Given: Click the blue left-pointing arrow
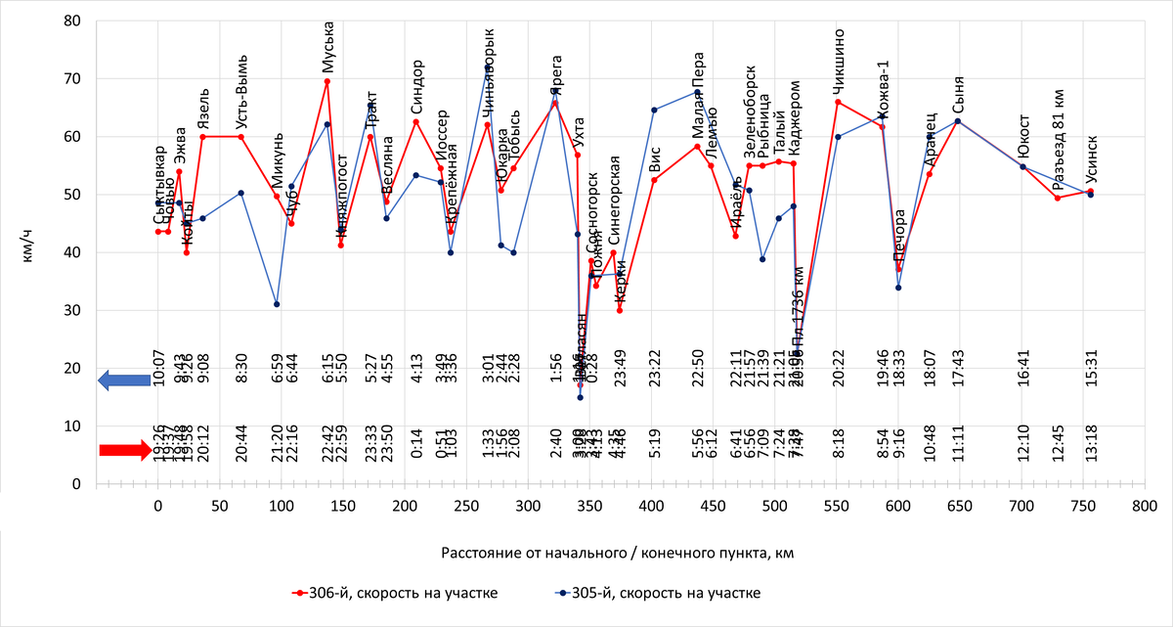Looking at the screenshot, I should point(123,382).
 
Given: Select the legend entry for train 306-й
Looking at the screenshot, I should point(396,593).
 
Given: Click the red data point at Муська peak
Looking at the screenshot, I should point(327,81).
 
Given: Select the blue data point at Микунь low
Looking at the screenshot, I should point(277,304).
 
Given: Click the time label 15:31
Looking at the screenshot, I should point(1091,370).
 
